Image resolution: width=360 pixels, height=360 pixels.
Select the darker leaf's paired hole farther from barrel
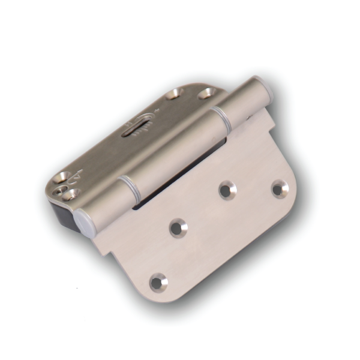coord(175,94)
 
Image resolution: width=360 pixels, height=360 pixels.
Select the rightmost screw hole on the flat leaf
coord(280,188)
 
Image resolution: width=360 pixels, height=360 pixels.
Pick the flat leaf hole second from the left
coord(178,227)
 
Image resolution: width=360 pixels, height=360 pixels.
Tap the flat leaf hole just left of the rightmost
coord(227,190)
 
